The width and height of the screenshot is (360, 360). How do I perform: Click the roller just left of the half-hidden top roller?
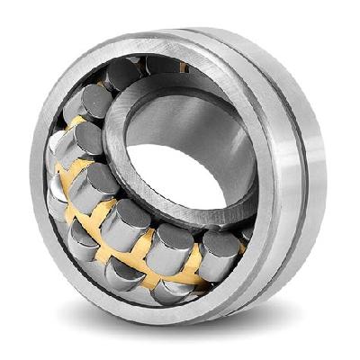(x=124, y=74)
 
